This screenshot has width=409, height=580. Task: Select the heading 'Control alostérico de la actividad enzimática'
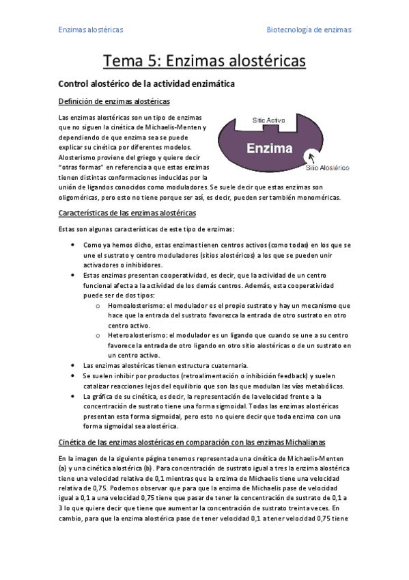pyautogui.click(x=147, y=84)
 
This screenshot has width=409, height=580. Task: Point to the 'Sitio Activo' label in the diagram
pyautogui.click(x=268, y=120)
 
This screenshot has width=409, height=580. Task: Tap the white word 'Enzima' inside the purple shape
pyautogui.click(x=270, y=148)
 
